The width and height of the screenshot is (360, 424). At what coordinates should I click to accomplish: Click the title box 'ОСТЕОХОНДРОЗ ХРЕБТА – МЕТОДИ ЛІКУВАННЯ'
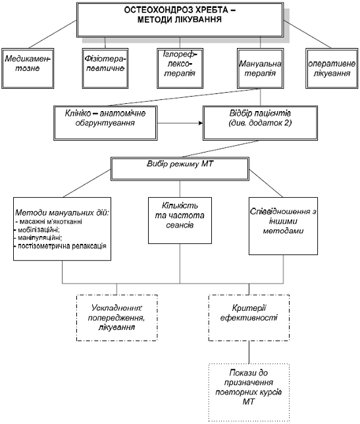coord(180,20)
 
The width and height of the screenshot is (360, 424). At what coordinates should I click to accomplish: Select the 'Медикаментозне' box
coord(28,68)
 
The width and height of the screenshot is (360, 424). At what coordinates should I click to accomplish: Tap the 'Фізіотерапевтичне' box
coord(105,68)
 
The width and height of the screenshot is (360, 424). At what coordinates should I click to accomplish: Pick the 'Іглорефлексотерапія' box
coord(180,68)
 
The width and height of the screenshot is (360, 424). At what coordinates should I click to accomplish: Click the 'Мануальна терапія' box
coord(261,68)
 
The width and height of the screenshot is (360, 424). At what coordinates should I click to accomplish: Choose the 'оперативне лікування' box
coord(332,68)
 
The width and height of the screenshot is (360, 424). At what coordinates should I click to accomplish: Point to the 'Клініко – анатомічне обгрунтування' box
coord(105,123)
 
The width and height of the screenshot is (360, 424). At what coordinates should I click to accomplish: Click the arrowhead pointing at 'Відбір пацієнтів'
coord(201,124)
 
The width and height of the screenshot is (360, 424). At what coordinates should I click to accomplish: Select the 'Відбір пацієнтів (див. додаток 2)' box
coord(261,123)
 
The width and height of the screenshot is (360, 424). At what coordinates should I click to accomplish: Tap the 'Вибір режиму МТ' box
coord(180,169)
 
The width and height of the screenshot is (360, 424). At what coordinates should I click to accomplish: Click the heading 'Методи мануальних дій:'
coord(63,212)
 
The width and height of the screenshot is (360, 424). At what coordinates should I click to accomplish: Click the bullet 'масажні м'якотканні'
coord(51,222)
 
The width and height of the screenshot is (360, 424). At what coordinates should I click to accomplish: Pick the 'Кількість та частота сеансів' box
coord(180,220)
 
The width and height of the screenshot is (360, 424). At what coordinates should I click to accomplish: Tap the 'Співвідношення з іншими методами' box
coord(284,226)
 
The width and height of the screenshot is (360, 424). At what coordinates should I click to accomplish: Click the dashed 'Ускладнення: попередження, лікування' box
coord(117,318)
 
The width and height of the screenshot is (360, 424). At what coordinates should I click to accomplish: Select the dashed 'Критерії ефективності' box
coord(249,318)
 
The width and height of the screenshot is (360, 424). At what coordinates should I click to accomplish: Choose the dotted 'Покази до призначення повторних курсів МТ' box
coord(249,392)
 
